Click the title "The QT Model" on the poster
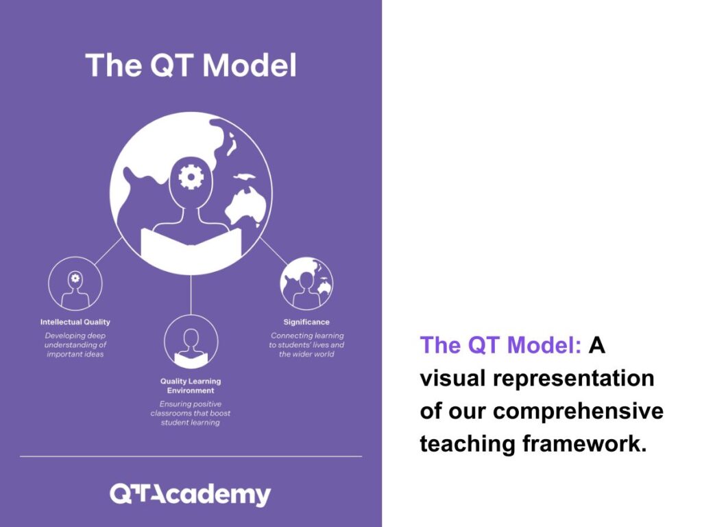tap(191, 66)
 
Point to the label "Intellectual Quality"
tap(75, 322)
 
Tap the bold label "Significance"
tap(306, 322)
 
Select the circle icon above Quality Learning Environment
tap(191, 342)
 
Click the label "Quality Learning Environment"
tap(191, 386)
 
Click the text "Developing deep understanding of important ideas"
tap(75, 344)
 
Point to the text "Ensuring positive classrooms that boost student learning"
tap(191, 413)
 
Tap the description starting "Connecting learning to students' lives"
tap(306, 344)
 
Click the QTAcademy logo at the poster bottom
tap(191, 494)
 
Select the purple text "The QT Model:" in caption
tap(500, 345)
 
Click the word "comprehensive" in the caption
tap(578, 411)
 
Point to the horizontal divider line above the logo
tap(191, 456)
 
